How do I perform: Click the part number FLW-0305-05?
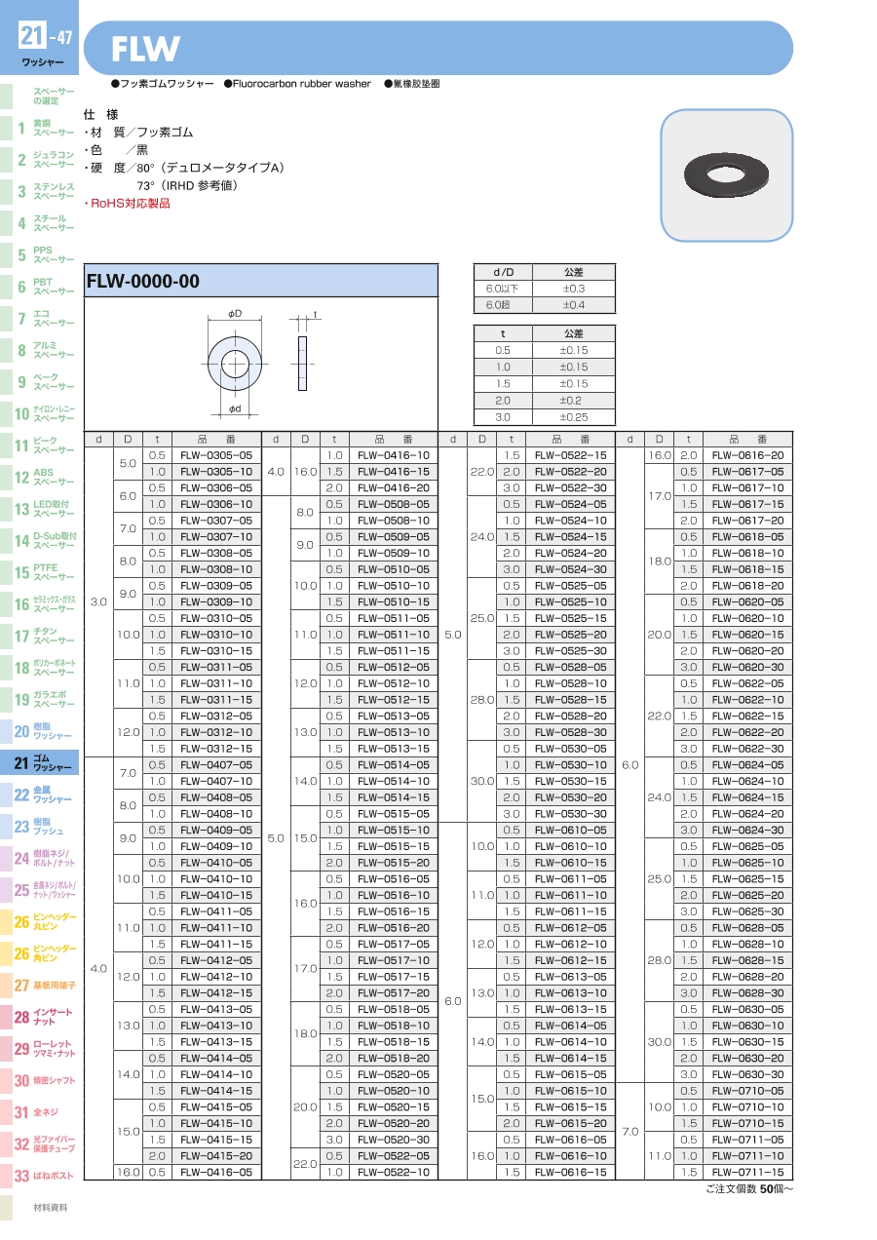click(215, 455)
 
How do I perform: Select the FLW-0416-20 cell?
click(394, 487)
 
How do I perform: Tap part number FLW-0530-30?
click(570, 814)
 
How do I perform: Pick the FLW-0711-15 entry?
click(747, 1172)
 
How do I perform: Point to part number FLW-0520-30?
click(394, 1140)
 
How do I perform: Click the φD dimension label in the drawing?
click(235, 313)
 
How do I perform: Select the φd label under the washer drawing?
click(235, 408)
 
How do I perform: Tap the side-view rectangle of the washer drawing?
click(302, 364)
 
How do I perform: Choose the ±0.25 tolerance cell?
click(573, 417)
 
